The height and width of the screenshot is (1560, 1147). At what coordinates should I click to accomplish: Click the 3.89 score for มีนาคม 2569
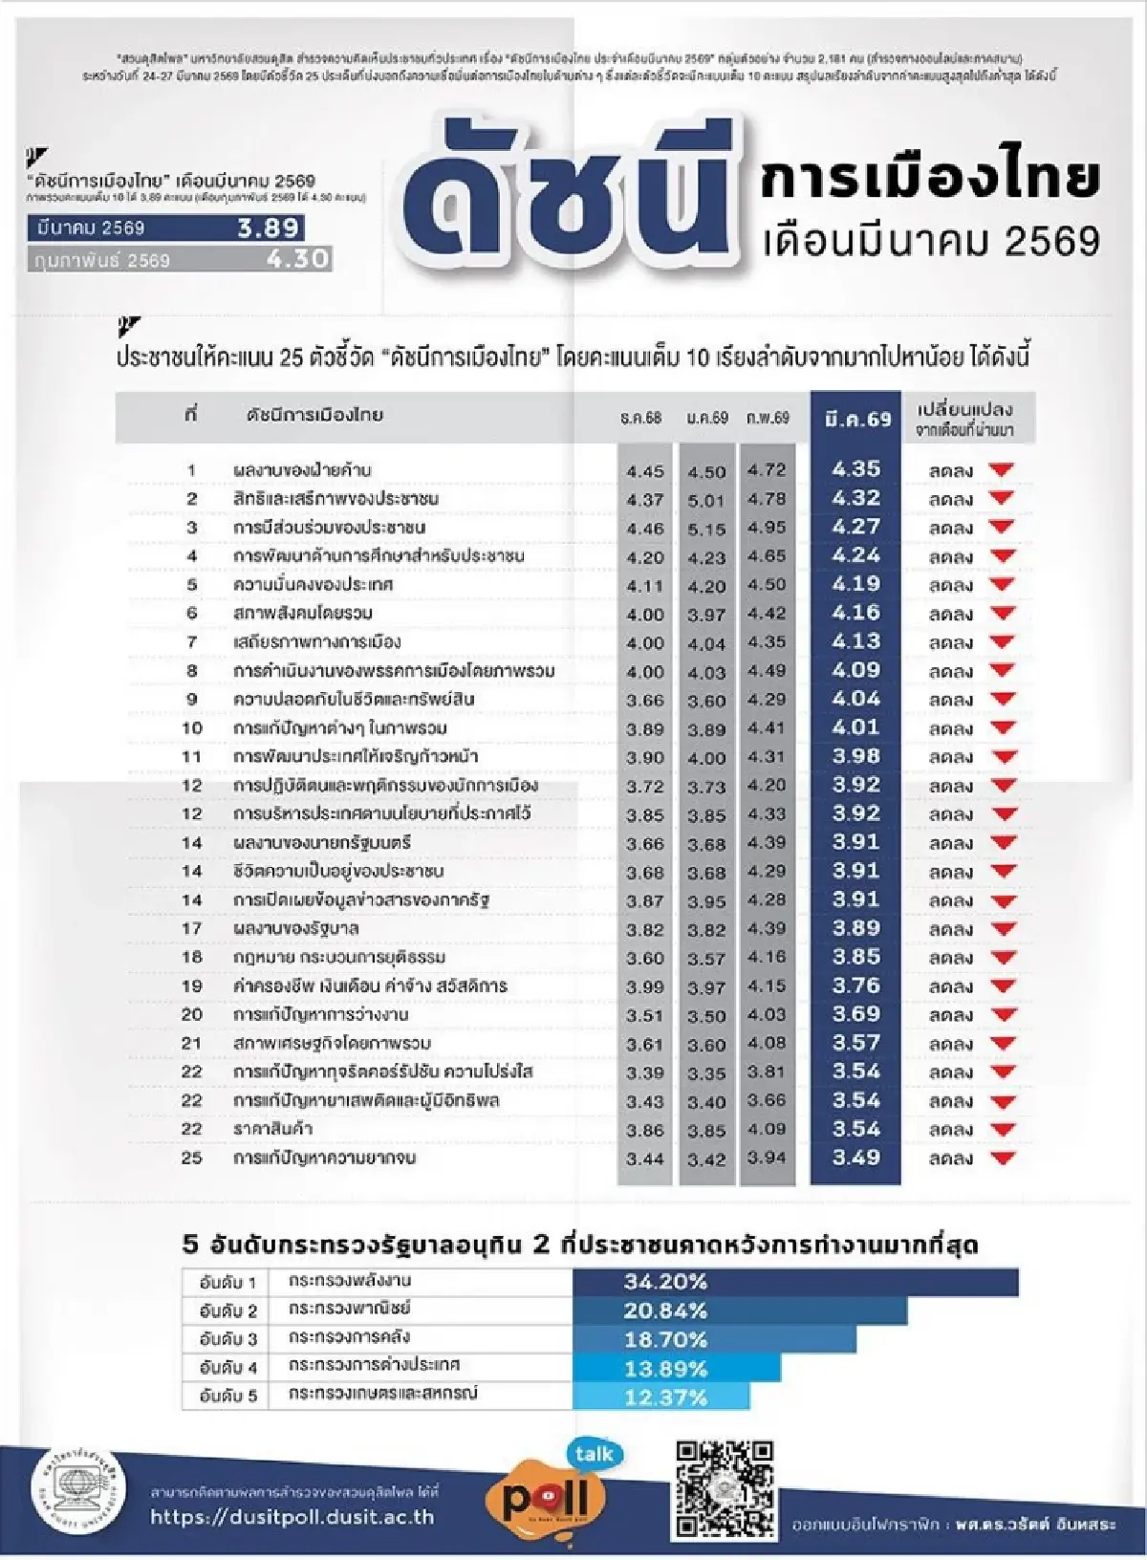pyautogui.click(x=270, y=228)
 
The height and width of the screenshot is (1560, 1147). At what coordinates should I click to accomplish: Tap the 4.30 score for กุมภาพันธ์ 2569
pyautogui.click(x=297, y=259)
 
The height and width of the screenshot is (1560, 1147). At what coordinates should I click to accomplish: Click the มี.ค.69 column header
pyautogui.click(x=856, y=419)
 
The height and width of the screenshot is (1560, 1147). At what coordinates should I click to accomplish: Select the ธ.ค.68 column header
pyautogui.click(x=640, y=418)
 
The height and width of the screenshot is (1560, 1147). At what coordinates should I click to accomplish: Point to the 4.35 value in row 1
pyautogui.click(x=855, y=469)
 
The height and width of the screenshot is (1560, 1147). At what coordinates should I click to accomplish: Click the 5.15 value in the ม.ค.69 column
pyautogui.click(x=707, y=529)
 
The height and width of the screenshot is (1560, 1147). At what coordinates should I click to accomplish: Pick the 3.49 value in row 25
pyautogui.click(x=855, y=1158)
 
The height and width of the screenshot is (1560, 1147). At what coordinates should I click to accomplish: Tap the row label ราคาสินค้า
pyautogui.click(x=273, y=1129)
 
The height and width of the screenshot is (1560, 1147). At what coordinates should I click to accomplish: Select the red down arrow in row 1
pyautogui.click(x=1001, y=469)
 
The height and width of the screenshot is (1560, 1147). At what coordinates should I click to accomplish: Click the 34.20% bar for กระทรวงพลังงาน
pyautogui.click(x=795, y=1282)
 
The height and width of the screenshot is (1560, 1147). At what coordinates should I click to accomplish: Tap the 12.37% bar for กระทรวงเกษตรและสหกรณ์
pyautogui.click(x=661, y=1397)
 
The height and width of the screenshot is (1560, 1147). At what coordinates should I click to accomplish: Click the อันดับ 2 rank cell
pyautogui.click(x=227, y=1311)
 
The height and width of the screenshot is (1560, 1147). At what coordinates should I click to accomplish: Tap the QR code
pyautogui.click(x=725, y=1488)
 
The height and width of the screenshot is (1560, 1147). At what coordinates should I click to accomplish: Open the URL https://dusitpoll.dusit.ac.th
pyautogui.click(x=292, y=1517)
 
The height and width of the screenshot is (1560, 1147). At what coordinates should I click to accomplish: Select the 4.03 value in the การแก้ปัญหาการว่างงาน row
pyautogui.click(x=767, y=1014)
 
